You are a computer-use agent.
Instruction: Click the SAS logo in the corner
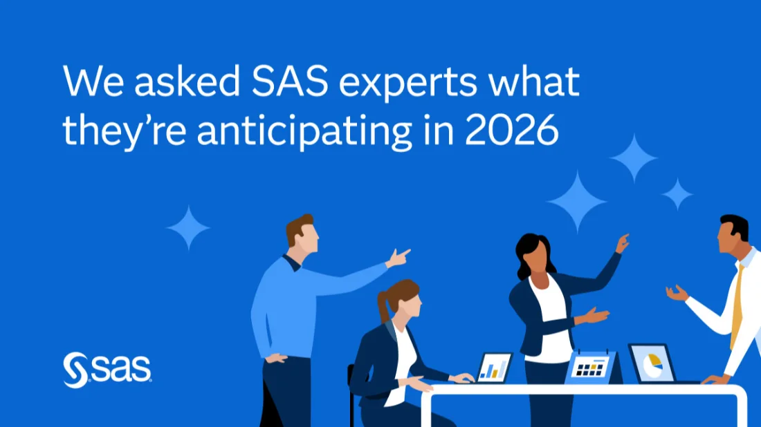pyautogui.click(x=107, y=369)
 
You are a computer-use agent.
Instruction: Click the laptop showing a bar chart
pyautogui.click(x=494, y=367)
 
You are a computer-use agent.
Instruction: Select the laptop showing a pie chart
pyautogui.click(x=652, y=363)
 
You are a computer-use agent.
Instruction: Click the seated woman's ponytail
pyautogui.click(x=385, y=304)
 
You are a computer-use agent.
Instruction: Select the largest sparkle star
pyautogui.click(x=577, y=201)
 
